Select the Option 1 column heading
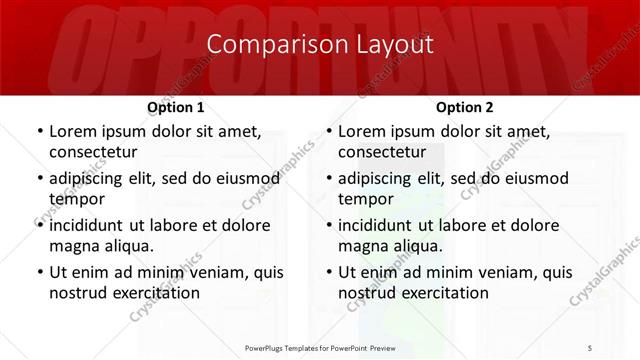click(176, 107)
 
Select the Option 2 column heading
click(465, 107)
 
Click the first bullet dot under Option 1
click(39, 131)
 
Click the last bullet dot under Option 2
click(328, 272)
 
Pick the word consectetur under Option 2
click(382, 152)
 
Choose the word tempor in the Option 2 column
click(365, 199)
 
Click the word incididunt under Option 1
click(92, 225)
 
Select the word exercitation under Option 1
click(153, 293)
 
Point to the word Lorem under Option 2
click(361, 131)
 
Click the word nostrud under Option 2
click(367, 293)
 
